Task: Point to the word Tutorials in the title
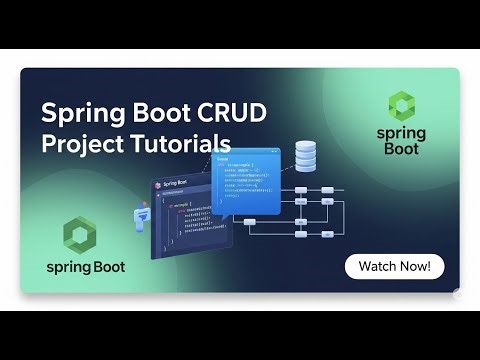[x=179, y=142]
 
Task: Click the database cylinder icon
[x=305, y=156]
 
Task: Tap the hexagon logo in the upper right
[x=401, y=106]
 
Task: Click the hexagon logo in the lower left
[x=79, y=236]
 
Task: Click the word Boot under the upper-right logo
[x=401, y=149]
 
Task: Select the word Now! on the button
[x=415, y=267]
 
